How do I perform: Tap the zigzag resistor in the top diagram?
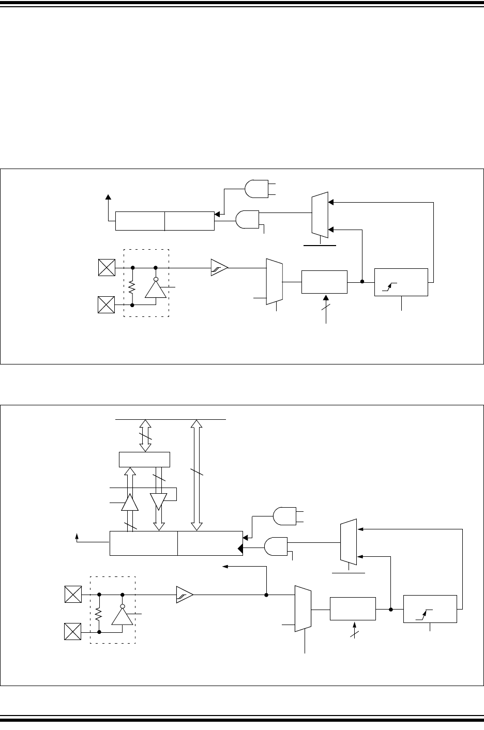(133, 287)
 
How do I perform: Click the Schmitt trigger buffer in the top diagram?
(219, 268)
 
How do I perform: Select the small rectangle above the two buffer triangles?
(144, 459)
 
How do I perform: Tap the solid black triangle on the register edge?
(240, 549)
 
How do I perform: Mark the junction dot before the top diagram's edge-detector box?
(362, 282)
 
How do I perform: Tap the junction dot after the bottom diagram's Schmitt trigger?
(266, 595)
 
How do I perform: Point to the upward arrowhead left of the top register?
(108, 197)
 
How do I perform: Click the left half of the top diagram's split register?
(140, 221)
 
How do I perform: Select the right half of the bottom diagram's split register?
(210, 543)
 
